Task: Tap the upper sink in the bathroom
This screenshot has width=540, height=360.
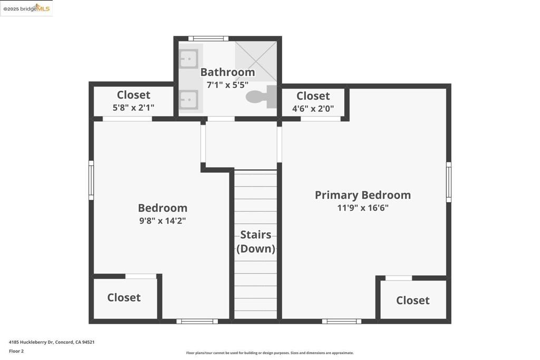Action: coord(188,59)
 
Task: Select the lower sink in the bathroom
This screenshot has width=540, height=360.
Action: coord(188,99)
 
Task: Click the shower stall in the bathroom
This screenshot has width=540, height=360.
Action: coord(256,61)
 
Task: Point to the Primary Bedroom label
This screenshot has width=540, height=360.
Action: coord(363,195)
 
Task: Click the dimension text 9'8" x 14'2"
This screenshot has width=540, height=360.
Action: coord(162,221)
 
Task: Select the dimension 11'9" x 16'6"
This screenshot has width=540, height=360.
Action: coord(363,208)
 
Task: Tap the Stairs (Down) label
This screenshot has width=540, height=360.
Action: coord(256,242)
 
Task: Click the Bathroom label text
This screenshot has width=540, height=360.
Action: coord(227,72)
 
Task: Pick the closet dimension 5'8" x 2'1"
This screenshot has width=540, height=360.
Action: coord(133,108)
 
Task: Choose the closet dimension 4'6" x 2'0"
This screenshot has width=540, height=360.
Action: coord(313,109)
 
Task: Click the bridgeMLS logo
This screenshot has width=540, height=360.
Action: coord(27,8)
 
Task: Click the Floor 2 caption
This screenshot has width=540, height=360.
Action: coord(16,351)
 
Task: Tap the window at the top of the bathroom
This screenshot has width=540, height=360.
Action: coord(208,38)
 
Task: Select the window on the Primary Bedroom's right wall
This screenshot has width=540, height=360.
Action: coord(449,182)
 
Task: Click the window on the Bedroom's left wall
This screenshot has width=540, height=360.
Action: coord(91,180)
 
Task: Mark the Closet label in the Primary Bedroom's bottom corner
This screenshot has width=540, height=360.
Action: coord(412,300)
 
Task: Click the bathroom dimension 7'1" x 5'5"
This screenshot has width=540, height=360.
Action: coord(227,84)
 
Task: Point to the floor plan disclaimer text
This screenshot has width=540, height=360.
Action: coord(269,353)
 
